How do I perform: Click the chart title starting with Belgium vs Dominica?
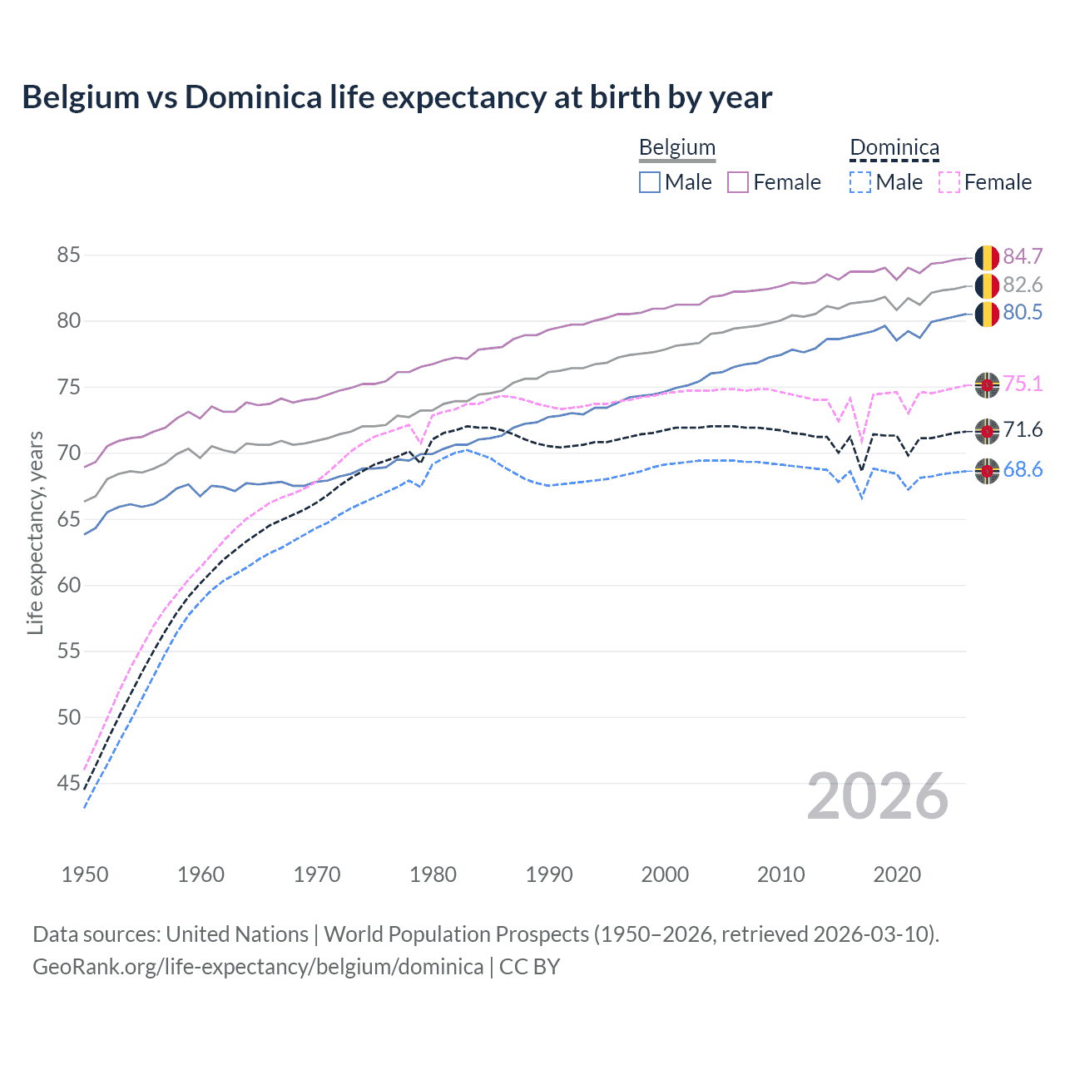(x=397, y=97)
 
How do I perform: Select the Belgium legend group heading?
(x=676, y=148)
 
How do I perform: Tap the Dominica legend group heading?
(x=894, y=148)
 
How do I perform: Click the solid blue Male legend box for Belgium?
(x=650, y=182)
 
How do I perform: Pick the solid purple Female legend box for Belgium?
(x=738, y=182)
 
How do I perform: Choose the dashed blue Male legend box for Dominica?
(x=860, y=182)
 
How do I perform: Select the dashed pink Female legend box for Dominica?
(x=949, y=182)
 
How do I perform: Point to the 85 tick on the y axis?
(x=68, y=255)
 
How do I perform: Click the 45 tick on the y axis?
(x=68, y=783)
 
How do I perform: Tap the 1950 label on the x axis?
(x=85, y=874)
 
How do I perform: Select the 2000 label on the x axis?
(x=665, y=874)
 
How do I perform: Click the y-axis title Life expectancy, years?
(x=35, y=532)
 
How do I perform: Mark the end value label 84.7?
(x=1023, y=256)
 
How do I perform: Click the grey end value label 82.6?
(x=1023, y=285)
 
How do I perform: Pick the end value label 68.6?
(x=1023, y=470)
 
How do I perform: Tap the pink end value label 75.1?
(x=1023, y=384)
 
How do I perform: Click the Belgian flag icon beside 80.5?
(x=987, y=314)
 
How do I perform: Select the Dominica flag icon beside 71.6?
(x=987, y=431)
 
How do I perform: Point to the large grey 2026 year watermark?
(x=878, y=796)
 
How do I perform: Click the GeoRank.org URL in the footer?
(x=258, y=967)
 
